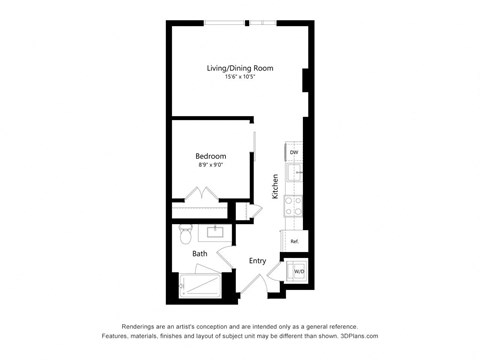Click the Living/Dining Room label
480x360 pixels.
tap(240, 68)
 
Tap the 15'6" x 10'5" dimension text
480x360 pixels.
tap(240, 78)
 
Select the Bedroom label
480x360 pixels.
tap(210, 156)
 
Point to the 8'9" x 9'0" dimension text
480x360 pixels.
tap(210, 166)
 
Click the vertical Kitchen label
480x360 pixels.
tap(275, 187)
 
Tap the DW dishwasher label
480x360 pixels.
tap(294, 153)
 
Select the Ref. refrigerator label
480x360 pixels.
tap(295, 242)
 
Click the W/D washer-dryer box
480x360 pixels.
tap(298, 271)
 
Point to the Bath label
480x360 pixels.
tap(200, 254)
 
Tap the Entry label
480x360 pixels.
tap(257, 261)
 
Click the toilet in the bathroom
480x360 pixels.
tap(185, 235)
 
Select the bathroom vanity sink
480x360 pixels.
tap(216, 233)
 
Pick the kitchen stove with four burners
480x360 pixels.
tap(295, 206)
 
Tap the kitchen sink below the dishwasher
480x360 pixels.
tap(295, 172)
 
